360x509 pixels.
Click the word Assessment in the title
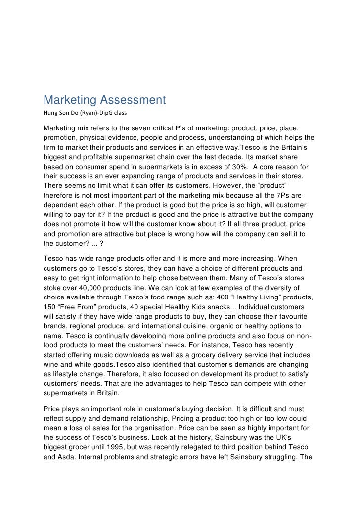(x=131, y=101)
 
